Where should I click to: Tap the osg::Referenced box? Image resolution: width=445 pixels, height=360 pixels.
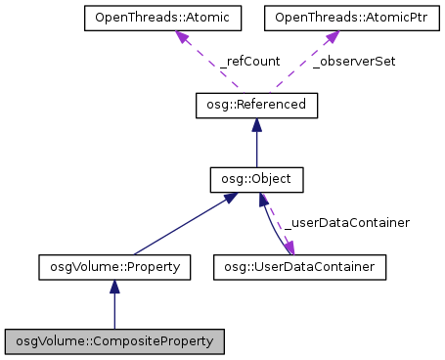(257, 104)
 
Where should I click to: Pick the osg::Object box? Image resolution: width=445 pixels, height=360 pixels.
(257, 180)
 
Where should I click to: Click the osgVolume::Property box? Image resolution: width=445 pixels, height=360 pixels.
(114, 265)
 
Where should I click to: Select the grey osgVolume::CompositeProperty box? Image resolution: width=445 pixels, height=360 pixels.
(114, 341)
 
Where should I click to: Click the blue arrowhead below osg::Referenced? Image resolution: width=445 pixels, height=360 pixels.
(257, 123)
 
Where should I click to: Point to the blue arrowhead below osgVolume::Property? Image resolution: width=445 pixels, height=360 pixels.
(114, 285)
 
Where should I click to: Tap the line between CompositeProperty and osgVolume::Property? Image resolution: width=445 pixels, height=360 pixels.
(114, 311)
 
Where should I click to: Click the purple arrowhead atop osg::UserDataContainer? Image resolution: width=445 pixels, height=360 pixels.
(289, 247)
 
